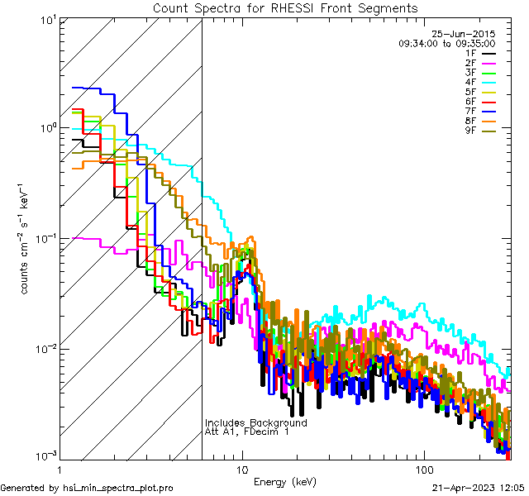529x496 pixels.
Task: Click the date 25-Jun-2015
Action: tap(464, 34)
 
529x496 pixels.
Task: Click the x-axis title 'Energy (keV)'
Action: tap(285, 482)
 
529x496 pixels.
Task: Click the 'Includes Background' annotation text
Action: tap(255, 423)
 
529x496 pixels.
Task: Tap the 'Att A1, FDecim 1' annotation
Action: tap(247, 432)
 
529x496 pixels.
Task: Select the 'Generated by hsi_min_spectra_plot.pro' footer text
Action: tap(88, 488)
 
